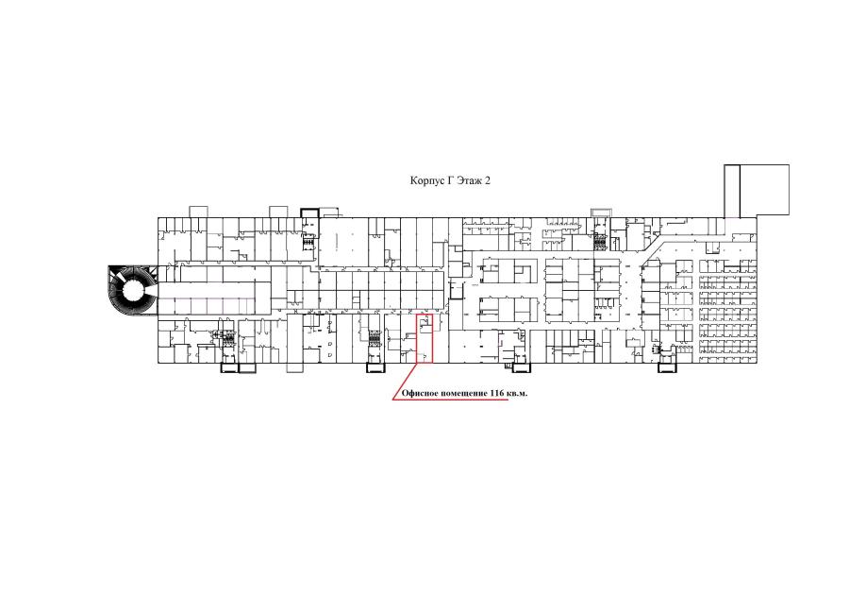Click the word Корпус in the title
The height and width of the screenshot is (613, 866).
426,180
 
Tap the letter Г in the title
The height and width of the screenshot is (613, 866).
450,180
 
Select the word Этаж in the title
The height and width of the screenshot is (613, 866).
469,180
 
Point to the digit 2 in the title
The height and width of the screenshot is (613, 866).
488,180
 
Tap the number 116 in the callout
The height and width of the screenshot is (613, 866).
496,394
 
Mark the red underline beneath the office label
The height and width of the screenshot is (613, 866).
450,400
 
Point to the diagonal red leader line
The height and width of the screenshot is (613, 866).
405,382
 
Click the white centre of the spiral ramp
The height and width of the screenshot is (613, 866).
133,290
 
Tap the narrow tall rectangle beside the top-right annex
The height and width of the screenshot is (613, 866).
732,191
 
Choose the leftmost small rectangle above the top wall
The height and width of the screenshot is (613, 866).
198,212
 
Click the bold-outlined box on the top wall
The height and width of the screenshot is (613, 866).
309,213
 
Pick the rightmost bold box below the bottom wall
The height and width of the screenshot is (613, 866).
667,367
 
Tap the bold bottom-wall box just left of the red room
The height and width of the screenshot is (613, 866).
376,367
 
